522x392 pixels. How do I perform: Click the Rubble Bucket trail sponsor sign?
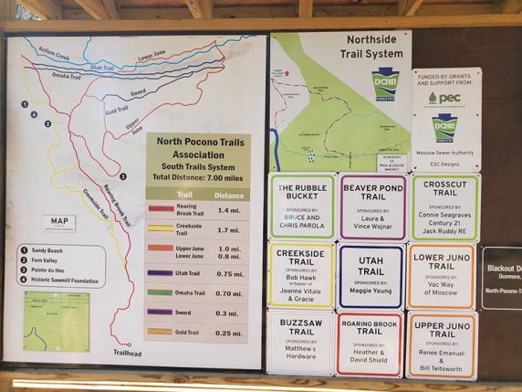click(x=302, y=207)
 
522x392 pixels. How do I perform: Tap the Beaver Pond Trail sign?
click(x=371, y=207)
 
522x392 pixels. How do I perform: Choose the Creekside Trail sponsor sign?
click(x=302, y=275)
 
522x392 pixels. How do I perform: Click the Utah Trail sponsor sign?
click(x=371, y=275)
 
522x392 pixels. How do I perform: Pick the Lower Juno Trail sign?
click(x=442, y=275)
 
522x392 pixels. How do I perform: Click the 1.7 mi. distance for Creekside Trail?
click(x=228, y=229)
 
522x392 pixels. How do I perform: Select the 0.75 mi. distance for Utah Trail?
click(x=228, y=272)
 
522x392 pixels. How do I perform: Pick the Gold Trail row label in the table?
click(x=187, y=333)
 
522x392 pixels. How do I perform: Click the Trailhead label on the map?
click(x=128, y=354)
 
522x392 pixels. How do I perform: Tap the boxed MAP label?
click(x=57, y=221)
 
